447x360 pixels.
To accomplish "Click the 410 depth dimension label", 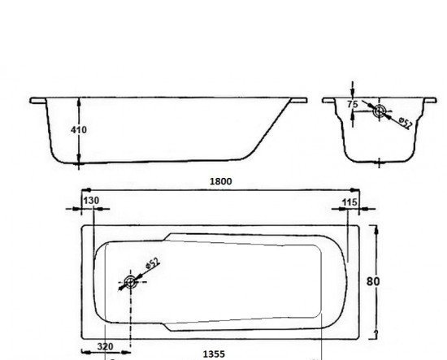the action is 78,130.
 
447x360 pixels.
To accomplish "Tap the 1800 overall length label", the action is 220,181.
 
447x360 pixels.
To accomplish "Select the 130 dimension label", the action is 91,201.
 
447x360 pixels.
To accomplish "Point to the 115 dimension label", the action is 349,202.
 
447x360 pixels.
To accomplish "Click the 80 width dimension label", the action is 373,282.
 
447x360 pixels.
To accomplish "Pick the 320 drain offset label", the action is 105,347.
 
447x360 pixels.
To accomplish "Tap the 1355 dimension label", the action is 214,354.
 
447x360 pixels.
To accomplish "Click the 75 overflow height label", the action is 353,104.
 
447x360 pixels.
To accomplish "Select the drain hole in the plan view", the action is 131,282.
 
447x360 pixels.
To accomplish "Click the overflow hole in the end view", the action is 380,111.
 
